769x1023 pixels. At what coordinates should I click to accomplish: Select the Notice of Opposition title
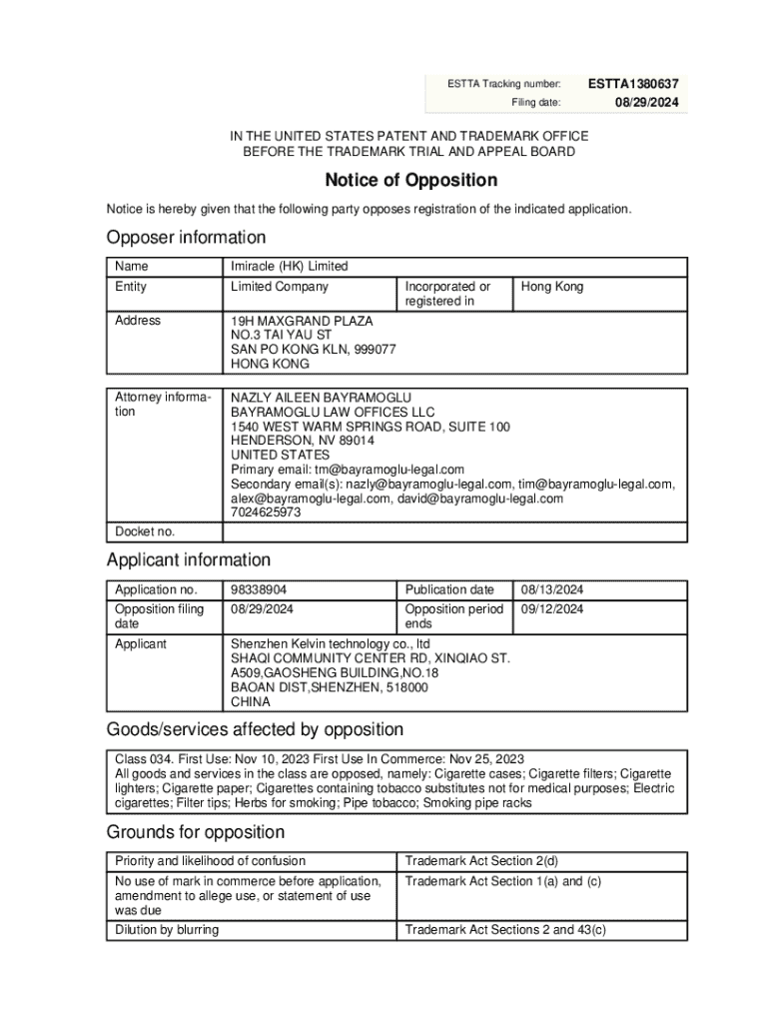[x=410, y=181]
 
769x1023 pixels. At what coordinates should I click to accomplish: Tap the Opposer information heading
[x=187, y=238]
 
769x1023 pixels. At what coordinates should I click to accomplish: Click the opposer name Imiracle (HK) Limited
[x=290, y=267]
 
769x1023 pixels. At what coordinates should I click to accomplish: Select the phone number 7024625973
[x=266, y=512]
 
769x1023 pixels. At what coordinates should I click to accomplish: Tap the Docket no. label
[x=145, y=531]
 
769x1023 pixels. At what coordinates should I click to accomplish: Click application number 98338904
[x=259, y=589]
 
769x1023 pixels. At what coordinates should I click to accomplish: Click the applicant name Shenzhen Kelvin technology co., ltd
[x=331, y=644]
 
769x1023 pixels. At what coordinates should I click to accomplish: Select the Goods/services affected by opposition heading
[x=255, y=729]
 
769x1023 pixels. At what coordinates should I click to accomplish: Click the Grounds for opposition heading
[x=196, y=832]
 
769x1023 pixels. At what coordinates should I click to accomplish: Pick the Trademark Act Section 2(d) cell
[x=481, y=861]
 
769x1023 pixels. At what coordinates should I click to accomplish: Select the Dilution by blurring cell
[x=167, y=930]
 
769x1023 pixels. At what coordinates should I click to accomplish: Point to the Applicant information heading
[x=189, y=560]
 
